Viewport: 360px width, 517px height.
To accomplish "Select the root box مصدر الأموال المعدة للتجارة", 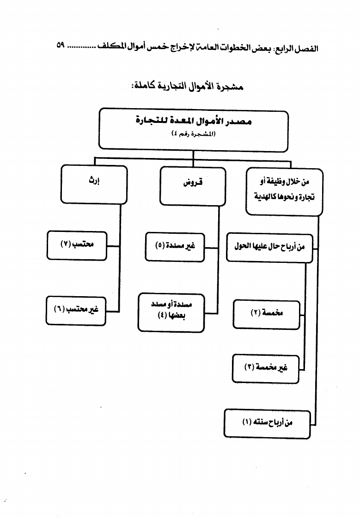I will click(194, 128).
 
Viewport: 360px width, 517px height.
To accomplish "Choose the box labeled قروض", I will click(193, 186).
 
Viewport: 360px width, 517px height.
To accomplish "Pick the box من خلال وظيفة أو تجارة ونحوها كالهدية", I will click(284, 191).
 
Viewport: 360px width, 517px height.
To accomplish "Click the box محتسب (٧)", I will click(77, 246).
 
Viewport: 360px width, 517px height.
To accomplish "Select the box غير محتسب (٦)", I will click(76, 310).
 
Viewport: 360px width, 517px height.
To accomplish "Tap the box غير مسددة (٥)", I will click(175, 248).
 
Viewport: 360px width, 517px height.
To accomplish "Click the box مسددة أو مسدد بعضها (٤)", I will click(171, 312).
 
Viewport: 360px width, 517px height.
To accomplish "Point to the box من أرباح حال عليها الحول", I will click(268, 248).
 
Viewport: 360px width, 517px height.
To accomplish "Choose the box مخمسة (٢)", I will click(266, 314).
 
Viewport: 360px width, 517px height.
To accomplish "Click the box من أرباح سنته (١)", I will click(267, 423).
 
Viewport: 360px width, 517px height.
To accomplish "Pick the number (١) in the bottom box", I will click(246, 423).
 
